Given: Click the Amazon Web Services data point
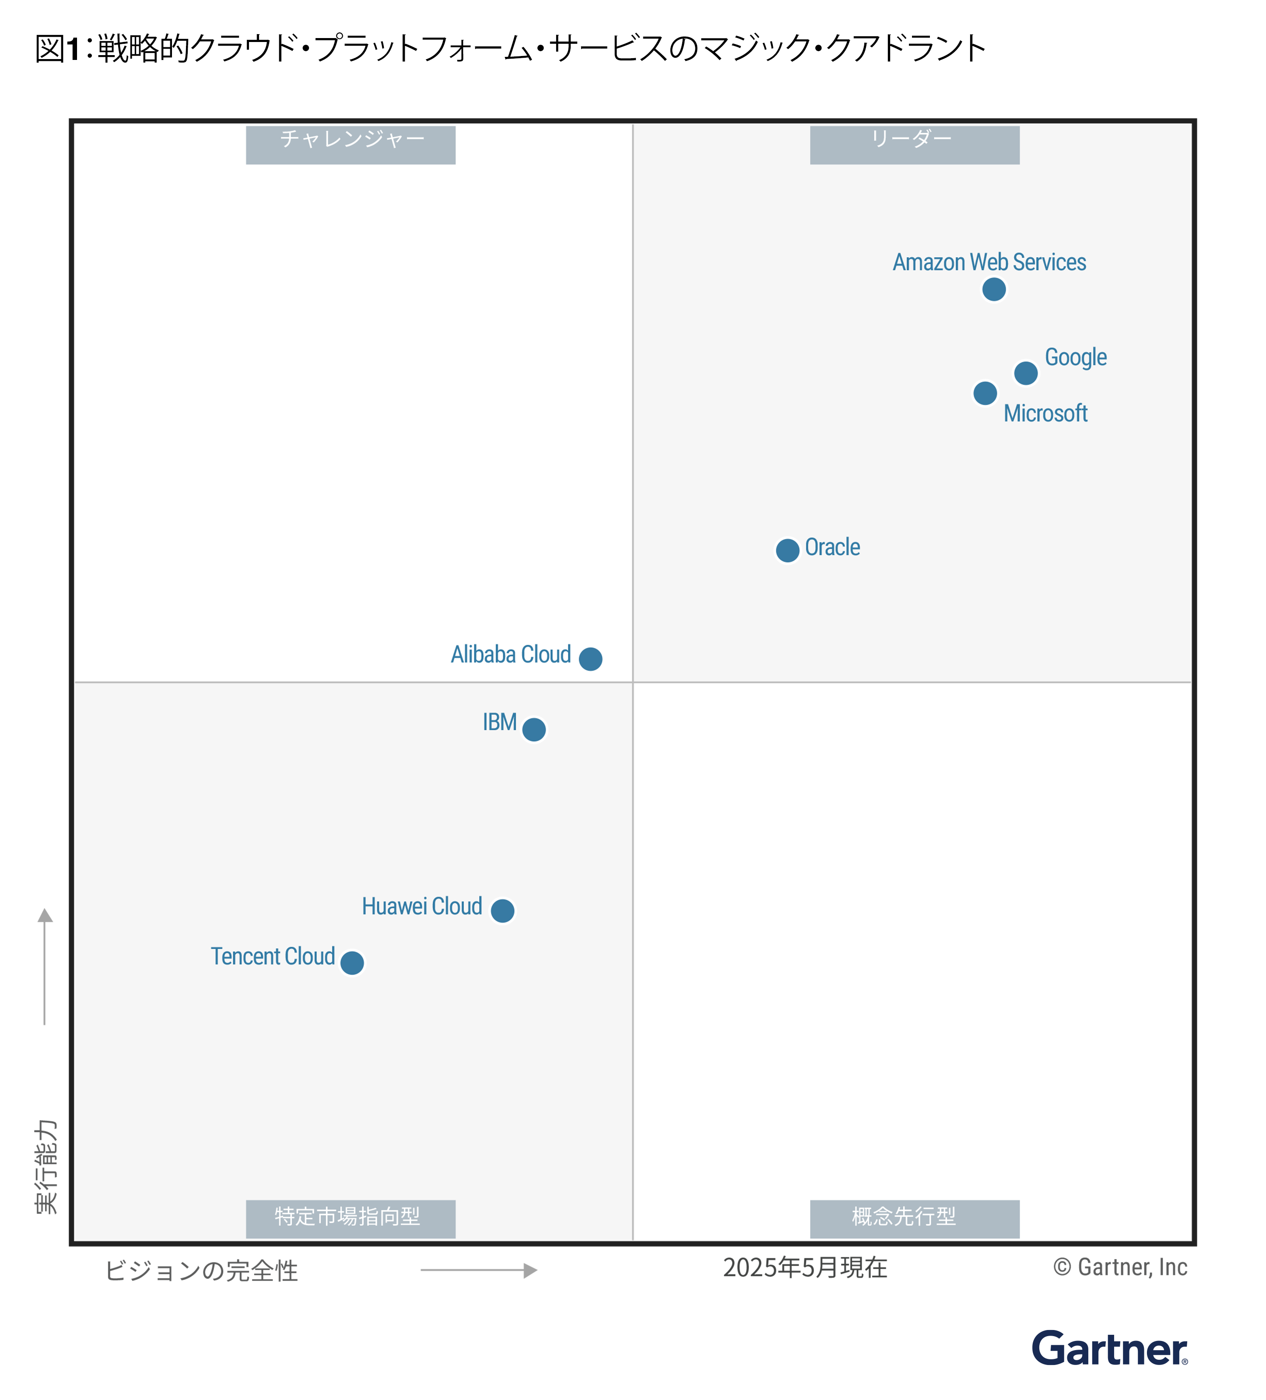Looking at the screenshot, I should coord(994,289).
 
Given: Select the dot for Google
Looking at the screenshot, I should coord(1026,373).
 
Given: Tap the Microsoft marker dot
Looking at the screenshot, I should coord(985,393).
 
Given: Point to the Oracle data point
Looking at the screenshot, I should coord(788,550).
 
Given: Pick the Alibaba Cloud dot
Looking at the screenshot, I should coord(590,658).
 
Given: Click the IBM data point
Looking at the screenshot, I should coord(533,729).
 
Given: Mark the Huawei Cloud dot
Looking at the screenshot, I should coord(502,910).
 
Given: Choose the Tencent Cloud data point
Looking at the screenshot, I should coord(352,962).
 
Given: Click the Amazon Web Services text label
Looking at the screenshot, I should coord(989,262).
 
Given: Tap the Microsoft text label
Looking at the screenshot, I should coord(1045,413).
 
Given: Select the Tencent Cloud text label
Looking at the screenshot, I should coord(273,956).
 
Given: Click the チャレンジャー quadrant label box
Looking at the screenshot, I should coord(351,144).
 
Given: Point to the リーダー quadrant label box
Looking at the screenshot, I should coord(915,144).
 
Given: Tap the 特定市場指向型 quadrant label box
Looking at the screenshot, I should coord(351,1219).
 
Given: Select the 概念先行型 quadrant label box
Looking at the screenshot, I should coord(915,1219).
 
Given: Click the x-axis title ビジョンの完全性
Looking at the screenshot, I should coord(201,1271).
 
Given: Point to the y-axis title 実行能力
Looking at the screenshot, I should coord(46,1167).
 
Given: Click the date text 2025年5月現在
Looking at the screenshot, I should coord(805,1267).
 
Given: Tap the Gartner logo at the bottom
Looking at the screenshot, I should coord(1109,1349).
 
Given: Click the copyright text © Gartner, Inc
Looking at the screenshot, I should coord(1120,1267).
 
